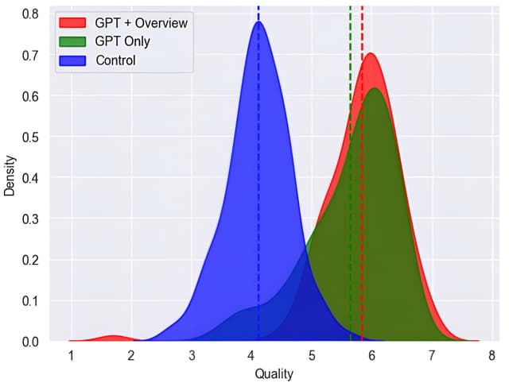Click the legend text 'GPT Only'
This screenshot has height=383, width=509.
(122, 41)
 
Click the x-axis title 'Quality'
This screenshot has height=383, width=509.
(274, 373)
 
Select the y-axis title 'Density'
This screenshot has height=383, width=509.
(10, 175)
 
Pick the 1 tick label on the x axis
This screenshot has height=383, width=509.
(72, 355)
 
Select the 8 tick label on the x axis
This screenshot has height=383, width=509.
(492, 355)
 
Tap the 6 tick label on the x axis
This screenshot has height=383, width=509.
(372, 355)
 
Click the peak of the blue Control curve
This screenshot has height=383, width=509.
(258, 22)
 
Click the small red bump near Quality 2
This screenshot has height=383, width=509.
(113, 338)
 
